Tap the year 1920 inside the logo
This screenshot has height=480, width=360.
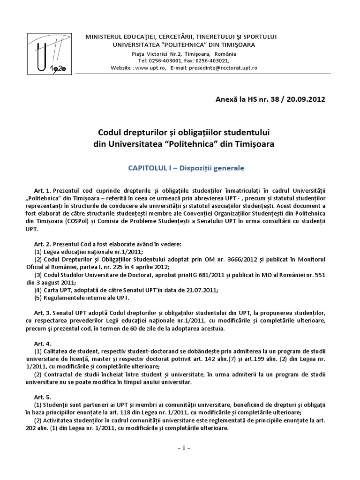tap(58, 68)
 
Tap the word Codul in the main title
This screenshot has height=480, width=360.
tap(110, 134)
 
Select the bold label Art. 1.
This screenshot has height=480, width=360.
tap(42, 191)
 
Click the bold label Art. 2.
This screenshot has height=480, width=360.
tap(42, 244)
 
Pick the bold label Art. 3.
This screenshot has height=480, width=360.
tap(42, 312)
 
